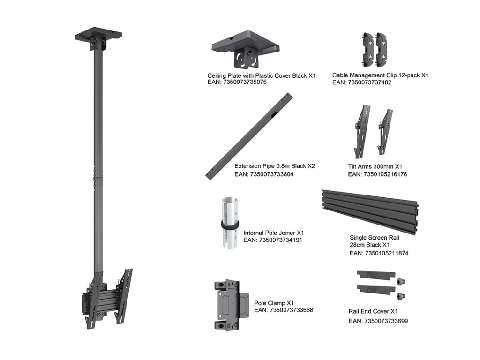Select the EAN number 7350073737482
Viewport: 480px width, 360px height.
pyautogui.click(x=361, y=82)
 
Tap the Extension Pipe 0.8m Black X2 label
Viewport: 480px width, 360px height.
pyautogui.click(x=274, y=166)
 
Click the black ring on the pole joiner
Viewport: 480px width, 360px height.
pyautogui.click(x=229, y=225)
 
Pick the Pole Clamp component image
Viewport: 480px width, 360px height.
pyautogui.click(x=231, y=305)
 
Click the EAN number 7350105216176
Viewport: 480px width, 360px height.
pyautogui.click(x=377, y=174)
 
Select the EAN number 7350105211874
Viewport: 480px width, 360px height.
pyautogui.click(x=379, y=253)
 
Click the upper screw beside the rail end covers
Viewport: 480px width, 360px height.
pyautogui.click(x=401, y=282)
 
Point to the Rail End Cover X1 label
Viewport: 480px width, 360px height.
pyautogui.click(x=373, y=311)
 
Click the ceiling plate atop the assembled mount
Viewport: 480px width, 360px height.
pyautogui.click(x=98, y=37)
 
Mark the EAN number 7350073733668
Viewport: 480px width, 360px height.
pyautogui.click(x=283, y=310)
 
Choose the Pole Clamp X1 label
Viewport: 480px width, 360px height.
pyautogui.click(x=274, y=303)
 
